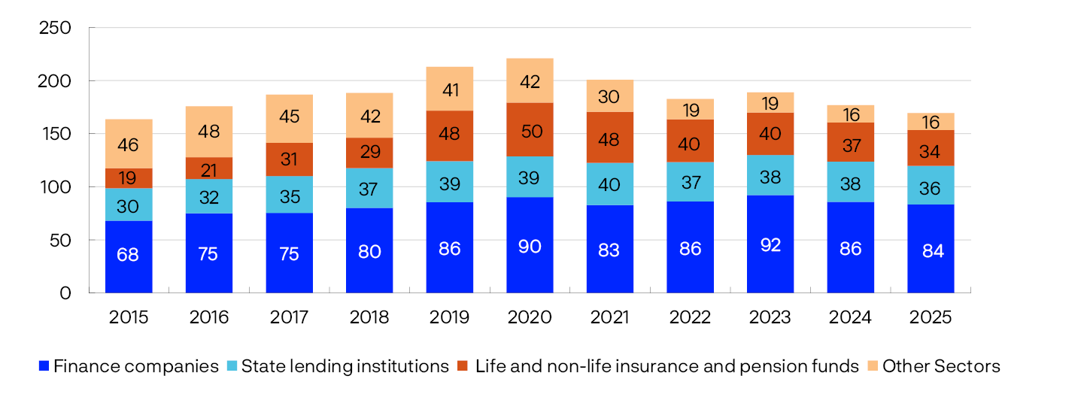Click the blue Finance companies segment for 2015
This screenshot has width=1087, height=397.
coord(129,256)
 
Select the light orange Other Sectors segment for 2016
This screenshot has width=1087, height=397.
coord(208,132)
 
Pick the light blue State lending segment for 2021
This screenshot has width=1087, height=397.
coord(609,183)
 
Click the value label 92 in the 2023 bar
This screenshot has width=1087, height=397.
coord(770,245)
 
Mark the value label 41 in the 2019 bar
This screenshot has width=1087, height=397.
coord(449,89)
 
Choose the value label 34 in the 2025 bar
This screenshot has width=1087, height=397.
coord(930,152)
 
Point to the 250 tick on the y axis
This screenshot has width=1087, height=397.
coord(54,28)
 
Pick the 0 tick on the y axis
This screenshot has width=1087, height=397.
coord(65,293)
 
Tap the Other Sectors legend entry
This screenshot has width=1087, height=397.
coord(941,367)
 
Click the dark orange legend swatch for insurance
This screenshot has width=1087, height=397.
coord(463,367)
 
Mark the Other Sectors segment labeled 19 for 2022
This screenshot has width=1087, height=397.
coord(690,110)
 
